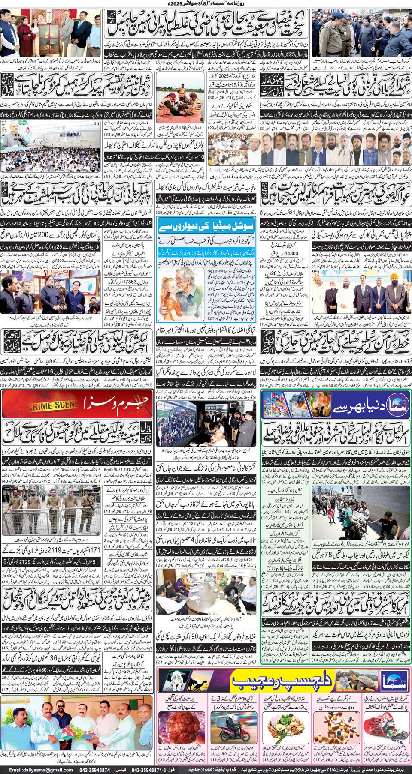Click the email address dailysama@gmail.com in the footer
(x=41, y=770)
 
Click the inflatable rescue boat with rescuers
(x=180, y=99)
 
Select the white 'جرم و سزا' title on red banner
(x=116, y=403)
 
